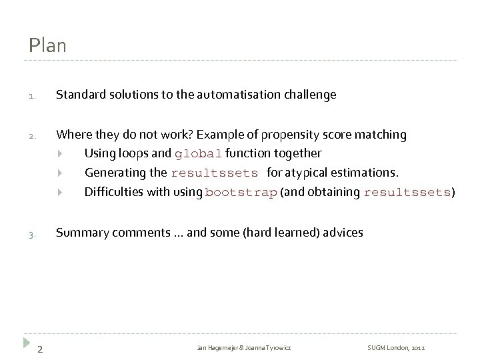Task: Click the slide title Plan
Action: point(47,46)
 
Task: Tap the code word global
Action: point(198,154)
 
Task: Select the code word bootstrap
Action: point(241,193)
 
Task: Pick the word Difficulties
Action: point(111,193)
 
